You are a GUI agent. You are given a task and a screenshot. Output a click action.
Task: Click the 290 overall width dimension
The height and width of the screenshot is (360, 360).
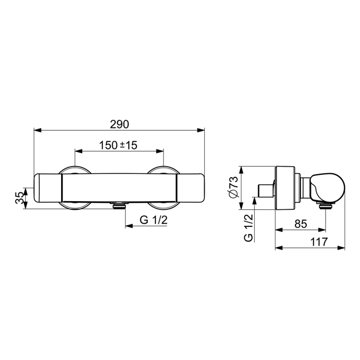(119, 124)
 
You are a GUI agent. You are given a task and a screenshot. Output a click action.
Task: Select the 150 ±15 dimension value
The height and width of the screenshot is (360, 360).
(118, 146)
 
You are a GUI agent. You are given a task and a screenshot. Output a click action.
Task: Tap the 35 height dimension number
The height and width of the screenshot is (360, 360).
(19, 197)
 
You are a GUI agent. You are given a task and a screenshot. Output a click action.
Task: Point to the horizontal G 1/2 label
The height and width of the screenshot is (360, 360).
(153, 221)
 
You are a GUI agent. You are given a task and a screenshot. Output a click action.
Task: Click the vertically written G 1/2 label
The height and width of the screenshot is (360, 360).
(248, 229)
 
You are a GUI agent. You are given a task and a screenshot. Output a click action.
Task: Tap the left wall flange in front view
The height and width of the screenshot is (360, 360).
(75, 171)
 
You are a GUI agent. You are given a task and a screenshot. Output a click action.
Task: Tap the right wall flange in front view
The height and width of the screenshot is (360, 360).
(163, 171)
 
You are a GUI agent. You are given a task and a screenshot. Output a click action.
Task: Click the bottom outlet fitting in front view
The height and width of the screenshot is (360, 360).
(119, 206)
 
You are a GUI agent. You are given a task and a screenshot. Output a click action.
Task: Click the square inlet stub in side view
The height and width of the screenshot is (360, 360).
(265, 188)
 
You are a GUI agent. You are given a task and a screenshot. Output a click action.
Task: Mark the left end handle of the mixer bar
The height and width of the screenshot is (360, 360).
(48, 188)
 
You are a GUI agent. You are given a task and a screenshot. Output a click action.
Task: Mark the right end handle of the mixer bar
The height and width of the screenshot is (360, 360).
(190, 188)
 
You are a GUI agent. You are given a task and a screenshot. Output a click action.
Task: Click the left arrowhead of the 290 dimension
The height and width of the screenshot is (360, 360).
(36, 131)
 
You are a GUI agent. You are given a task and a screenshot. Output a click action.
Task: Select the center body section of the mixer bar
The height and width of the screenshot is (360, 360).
(119, 188)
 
